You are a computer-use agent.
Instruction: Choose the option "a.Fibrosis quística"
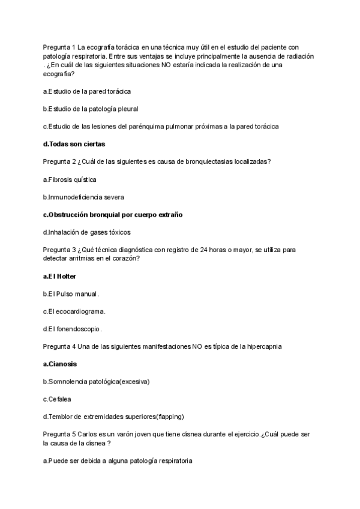[70, 179]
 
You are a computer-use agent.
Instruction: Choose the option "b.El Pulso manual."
[71, 294]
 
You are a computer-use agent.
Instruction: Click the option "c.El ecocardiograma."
[74, 312]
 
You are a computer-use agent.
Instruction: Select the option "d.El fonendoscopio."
[73, 329]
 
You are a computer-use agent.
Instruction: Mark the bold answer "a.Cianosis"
[60, 364]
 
